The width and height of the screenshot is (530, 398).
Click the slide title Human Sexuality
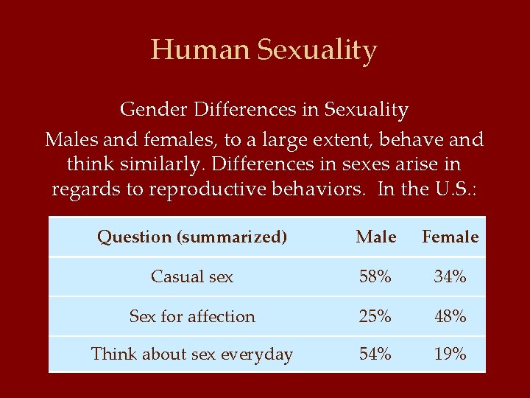click(264, 50)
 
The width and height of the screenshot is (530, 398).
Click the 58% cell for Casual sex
click(375, 277)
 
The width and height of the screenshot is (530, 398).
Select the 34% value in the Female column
click(450, 277)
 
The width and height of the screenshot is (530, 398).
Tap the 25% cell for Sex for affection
click(375, 317)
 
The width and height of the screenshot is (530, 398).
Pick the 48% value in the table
click(450, 317)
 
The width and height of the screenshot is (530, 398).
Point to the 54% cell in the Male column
click(375, 355)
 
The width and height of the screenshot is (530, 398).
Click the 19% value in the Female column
click(450, 355)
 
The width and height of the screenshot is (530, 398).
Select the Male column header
click(375, 237)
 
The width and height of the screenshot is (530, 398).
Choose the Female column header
click(450, 237)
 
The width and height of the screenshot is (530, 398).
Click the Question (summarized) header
click(192, 237)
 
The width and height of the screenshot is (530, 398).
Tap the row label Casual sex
click(192, 277)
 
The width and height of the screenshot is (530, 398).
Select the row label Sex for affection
click(192, 317)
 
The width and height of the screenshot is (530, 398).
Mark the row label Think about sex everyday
click(192, 355)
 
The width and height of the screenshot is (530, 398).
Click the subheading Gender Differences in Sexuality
click(264, 110)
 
